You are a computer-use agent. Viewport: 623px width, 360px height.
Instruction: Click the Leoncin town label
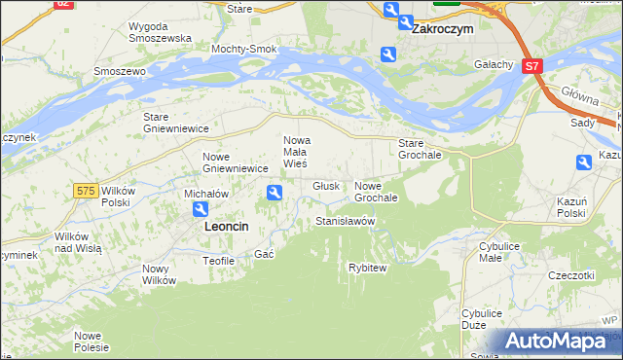pos(226,226)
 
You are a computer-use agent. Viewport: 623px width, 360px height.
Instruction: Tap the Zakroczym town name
pos(442,29)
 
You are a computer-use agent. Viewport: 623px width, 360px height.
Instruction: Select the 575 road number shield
pos(86,192)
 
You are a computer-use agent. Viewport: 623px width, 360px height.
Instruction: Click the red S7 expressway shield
pos(531,67)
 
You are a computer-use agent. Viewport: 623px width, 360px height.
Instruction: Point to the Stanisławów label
pos(346,222)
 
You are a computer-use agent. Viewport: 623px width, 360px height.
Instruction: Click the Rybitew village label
pos(368,267)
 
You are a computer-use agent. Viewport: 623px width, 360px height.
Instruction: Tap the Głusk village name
pos(325,186)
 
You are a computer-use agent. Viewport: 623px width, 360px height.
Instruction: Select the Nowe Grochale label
pos(377,192)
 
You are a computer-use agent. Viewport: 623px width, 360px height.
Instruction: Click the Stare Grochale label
pos(421,149)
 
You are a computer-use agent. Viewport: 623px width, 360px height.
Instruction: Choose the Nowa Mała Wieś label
pos(295,151)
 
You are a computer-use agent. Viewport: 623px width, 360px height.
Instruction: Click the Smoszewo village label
pos(119,71)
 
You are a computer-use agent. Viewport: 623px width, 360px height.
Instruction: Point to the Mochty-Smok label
pos(244,48)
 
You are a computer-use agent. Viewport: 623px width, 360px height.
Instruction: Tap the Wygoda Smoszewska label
pos(160,31)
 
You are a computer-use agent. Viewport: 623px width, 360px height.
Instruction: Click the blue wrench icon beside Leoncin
pos(200,210)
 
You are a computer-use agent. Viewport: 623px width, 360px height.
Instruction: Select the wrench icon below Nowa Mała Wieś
pos(275,195)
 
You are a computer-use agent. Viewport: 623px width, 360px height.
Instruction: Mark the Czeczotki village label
pos(570,275)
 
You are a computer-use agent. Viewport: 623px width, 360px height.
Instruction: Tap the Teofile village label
pos(218,261)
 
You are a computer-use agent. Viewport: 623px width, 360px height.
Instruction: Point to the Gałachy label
pos(494,64)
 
